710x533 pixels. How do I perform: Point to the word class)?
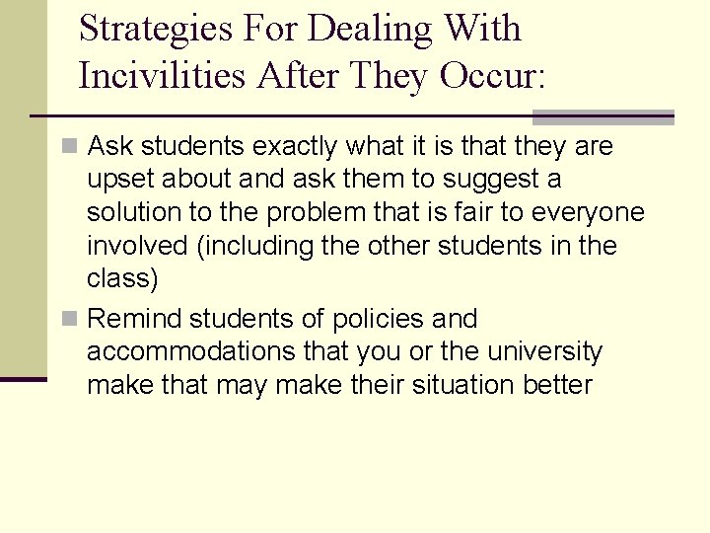[122, 279]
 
